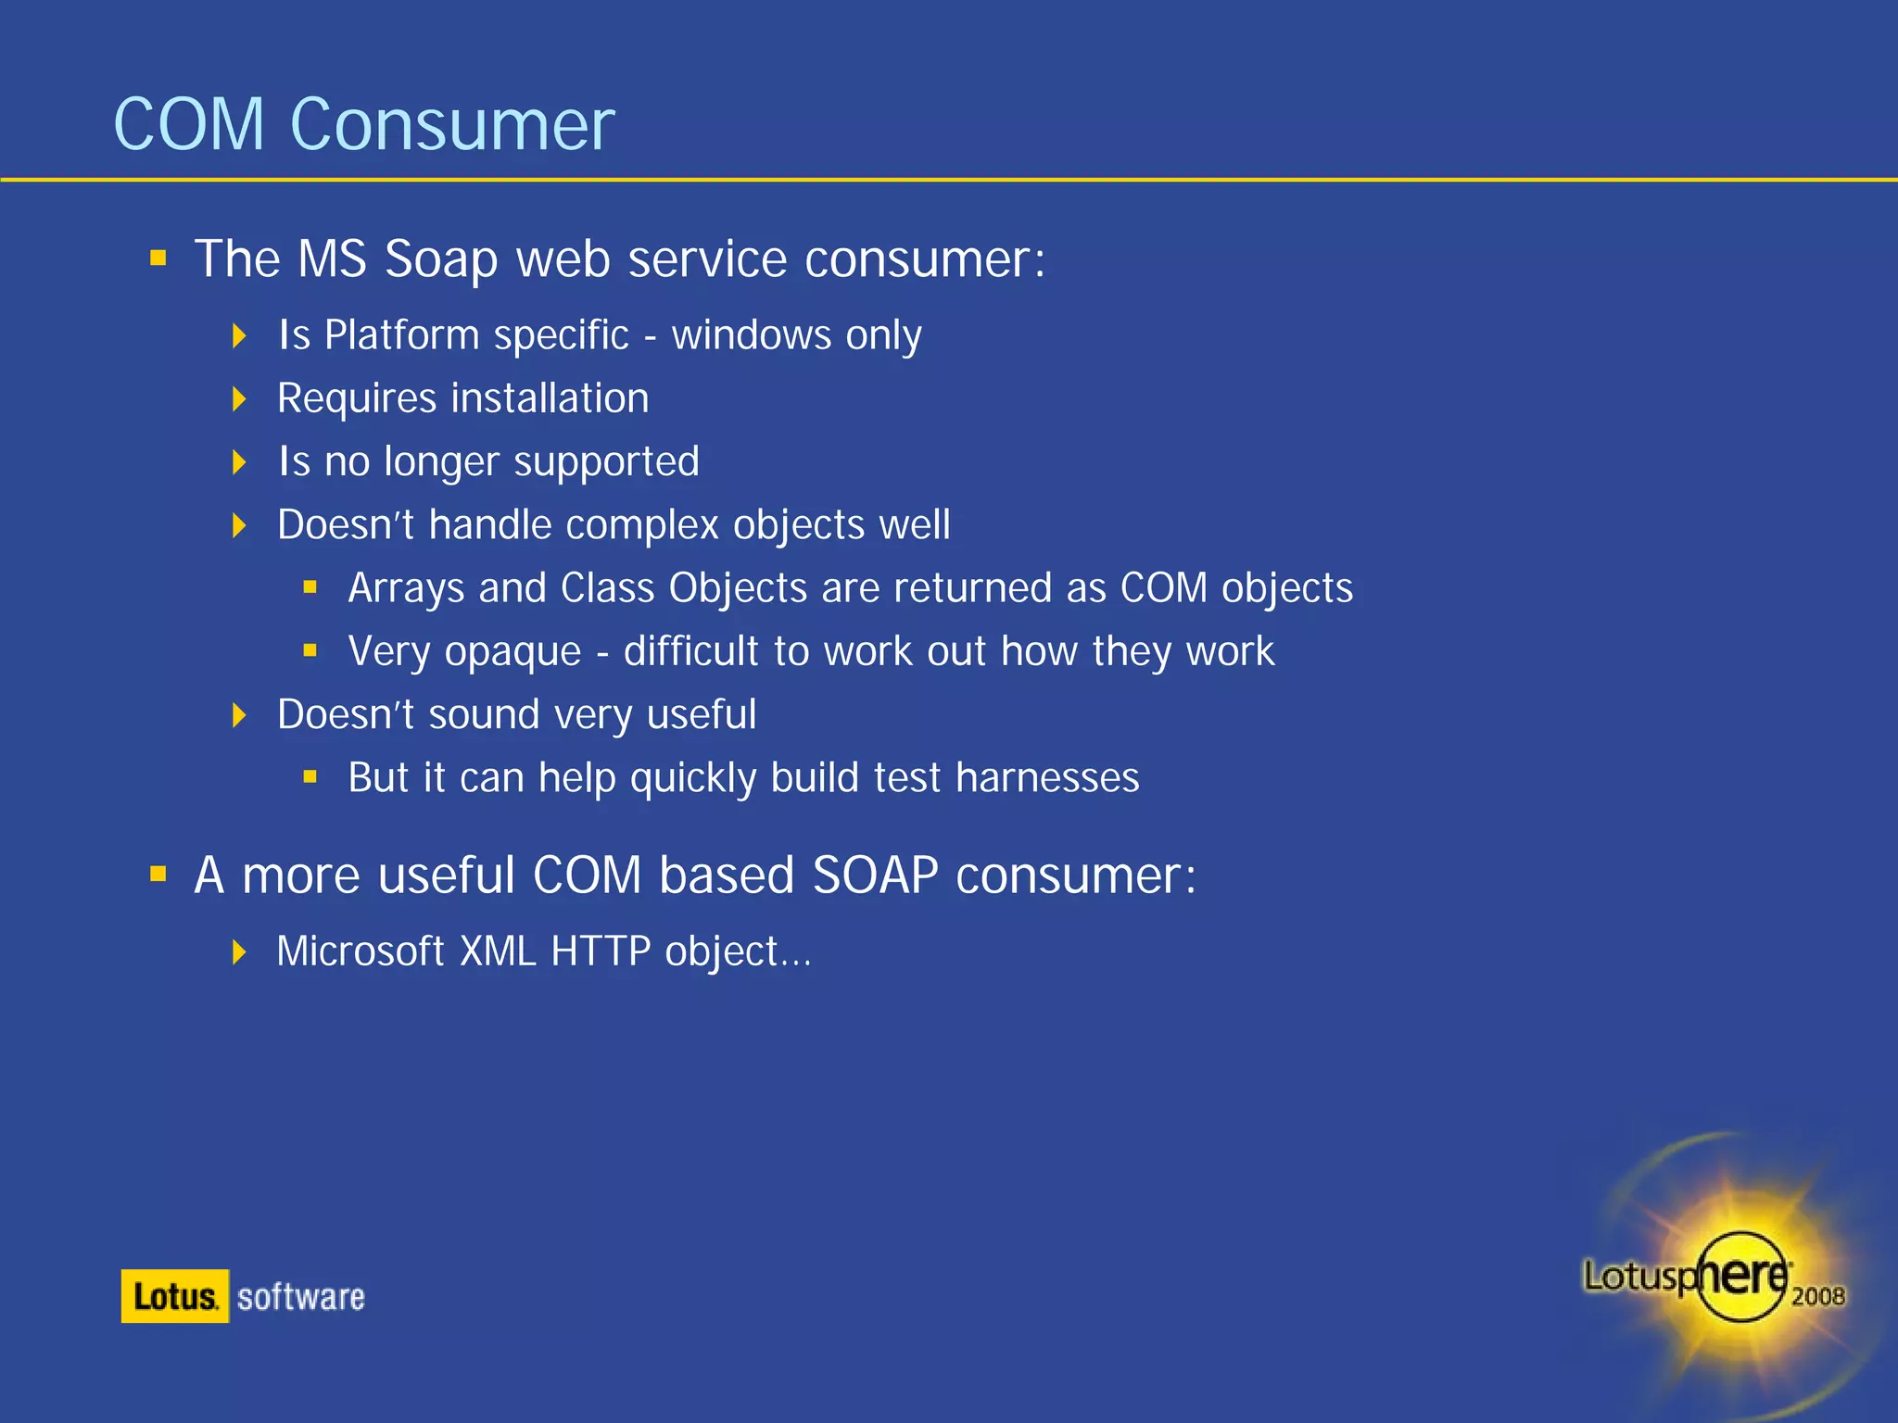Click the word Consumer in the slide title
(x=451, y=125)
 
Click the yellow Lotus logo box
(x=174, y=1296)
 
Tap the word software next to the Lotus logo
(x=300, y=1297)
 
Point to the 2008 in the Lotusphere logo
(x=1817, y=1296)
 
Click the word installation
(x=550, y=398)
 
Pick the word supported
(x=606, y=462)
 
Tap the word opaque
(x=512, y=652)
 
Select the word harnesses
(x=1047, y=778)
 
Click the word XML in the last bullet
(x=498, y=951)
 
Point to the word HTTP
(x=601, y=951)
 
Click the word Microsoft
(x=361, y=951)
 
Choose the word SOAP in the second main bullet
(x=875, y=875)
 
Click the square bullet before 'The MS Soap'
(x=158, y=258)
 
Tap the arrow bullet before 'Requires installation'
(x=239, y=399)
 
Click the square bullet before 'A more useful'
(x=158, y=874)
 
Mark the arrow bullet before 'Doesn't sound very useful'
(x=239, y=715)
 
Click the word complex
(x=641, y=525)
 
